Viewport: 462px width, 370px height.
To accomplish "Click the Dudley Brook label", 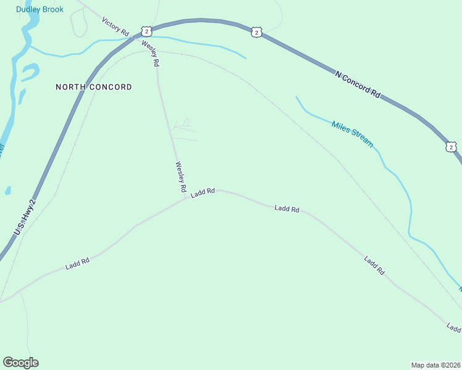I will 40,9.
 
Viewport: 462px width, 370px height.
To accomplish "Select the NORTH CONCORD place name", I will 94,87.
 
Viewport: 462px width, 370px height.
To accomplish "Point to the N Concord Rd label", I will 358,83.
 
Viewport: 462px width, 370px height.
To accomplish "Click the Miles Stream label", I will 352,133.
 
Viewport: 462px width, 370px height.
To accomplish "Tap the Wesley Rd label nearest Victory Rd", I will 151,54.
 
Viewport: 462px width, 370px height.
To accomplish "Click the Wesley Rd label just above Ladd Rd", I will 180,178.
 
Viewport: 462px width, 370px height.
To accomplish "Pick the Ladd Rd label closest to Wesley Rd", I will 203,192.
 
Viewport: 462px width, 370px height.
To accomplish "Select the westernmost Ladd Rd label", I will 78,264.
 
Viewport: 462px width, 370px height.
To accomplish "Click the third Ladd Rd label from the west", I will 287,209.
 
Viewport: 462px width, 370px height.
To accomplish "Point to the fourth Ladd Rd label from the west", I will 374,265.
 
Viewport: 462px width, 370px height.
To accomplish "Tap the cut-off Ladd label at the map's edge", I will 454,328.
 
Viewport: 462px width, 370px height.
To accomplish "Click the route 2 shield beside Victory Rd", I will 146,31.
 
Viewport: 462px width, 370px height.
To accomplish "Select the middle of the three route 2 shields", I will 256,31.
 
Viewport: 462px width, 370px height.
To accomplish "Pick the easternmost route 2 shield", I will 451,146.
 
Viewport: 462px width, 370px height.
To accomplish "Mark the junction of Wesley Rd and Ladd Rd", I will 185,199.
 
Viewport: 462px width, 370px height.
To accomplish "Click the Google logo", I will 20,363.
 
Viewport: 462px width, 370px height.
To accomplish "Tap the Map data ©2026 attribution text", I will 435,364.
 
